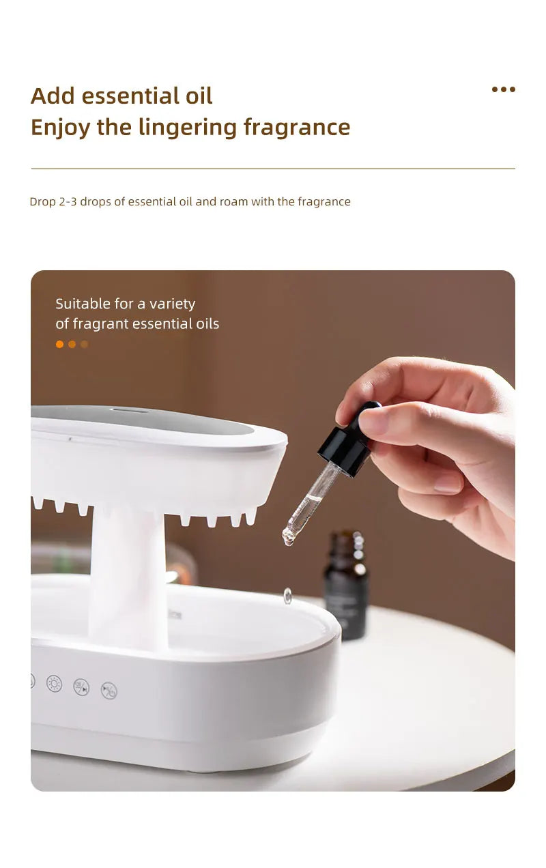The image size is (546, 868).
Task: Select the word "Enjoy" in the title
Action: pyautogui.click(x=60, y=128)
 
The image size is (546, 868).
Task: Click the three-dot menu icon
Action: pyautogui.click(x=504, y=89)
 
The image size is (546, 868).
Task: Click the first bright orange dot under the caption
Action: pyautogui.click(x=59, y=345)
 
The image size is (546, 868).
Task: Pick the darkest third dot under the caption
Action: pyautogui.click(x=84, y=345)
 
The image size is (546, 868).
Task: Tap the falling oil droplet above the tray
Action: pyautogui.click(x=287, y=596)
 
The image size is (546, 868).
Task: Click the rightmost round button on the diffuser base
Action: pyautogui.click(x=109, y=691)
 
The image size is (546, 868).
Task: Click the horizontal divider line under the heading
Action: pyautogui.click(x=273, y=169)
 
